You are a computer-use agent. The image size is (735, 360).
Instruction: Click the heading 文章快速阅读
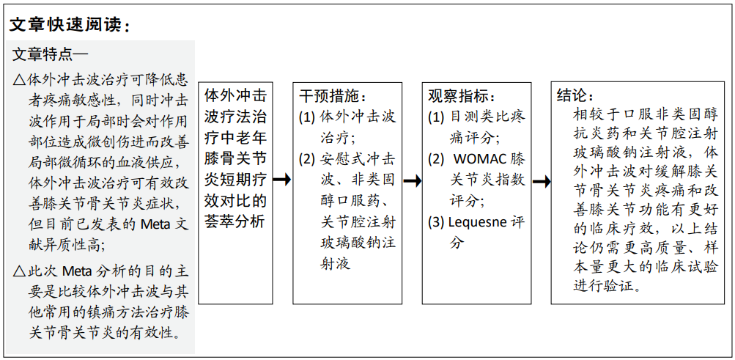pos(66,26)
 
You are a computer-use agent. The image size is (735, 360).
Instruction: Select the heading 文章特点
pos(43,54)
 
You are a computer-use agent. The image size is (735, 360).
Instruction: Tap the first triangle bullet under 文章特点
pos(19,80)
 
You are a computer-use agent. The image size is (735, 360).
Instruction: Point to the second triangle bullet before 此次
pos(19,271)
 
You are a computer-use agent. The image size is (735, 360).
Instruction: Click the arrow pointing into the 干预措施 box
pos(282,179)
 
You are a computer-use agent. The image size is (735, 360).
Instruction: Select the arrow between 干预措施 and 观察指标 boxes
pos(412,180)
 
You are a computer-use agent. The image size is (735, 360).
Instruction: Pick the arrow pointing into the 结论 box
pos(541,182)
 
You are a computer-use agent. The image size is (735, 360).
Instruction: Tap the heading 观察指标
pos(461,95)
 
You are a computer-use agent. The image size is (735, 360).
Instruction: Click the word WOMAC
pos(480,159)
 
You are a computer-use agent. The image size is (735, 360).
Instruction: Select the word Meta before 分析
pos(79,271)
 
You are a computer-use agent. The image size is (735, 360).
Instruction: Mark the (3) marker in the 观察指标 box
pos(436,222)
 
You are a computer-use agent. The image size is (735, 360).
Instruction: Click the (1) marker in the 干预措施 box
pos(307,117)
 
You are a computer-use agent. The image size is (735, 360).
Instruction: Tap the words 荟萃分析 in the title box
pos(235,221)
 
